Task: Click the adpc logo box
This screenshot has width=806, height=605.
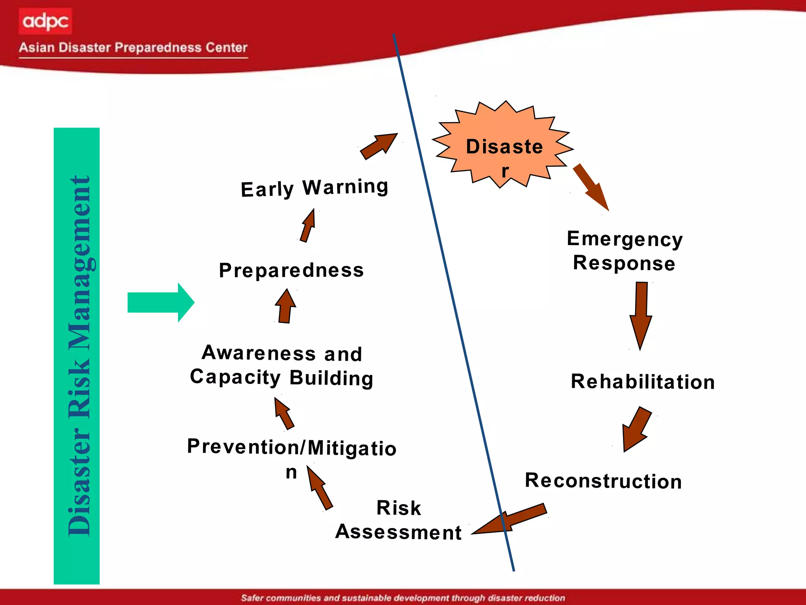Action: [x=45, y=21]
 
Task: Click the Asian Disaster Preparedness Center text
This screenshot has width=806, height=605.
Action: [x=133, y=48]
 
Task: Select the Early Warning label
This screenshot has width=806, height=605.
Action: [x=314, y=188]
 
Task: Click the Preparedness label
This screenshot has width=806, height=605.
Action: [x=291, y=270]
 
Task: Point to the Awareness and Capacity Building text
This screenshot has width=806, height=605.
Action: [x=281, y=365]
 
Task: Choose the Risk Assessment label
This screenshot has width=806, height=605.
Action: [x=398, y=520]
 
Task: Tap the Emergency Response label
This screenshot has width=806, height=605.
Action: [x=625, y=251]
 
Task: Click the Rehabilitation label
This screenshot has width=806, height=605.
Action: [x=642, y=382]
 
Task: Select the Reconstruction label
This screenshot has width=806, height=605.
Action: [x=603, y=481]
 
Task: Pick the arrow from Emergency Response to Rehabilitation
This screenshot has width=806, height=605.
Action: [x=641, y=315]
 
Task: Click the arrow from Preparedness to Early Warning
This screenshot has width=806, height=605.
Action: [x=308, y=226]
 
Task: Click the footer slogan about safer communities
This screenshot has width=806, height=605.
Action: [x=403, y=598]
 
